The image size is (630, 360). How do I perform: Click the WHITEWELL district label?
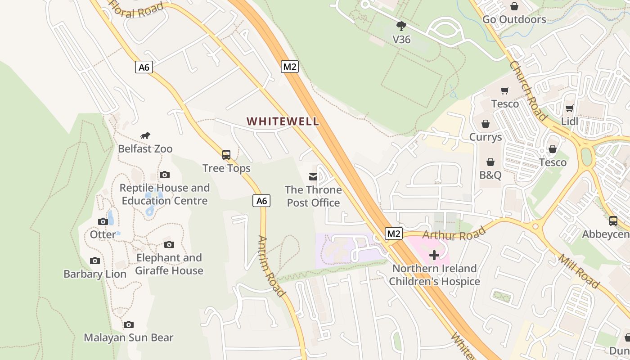coord(283,121)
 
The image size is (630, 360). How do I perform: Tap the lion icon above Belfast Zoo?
coord(145,135)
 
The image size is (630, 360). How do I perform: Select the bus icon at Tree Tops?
coord(226,155)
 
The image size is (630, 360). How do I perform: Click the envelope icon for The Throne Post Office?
coord(313,177)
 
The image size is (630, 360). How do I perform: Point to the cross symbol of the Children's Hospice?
coord(434,256)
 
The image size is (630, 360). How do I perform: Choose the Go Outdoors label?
coord(514,19)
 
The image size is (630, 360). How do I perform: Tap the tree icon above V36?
coord(401,26)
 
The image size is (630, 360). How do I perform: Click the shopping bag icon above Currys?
coord(486,123)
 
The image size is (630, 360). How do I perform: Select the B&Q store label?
coord(490,175)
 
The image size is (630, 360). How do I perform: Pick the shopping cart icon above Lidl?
coord(569,108)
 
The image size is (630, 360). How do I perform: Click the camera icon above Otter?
coord(103,221)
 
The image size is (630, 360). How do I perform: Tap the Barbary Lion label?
coord(95,274)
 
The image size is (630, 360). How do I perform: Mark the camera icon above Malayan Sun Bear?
coord(129,324)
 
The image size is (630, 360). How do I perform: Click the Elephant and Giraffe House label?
coord(169,264)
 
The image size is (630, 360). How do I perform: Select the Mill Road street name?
coord(579,271)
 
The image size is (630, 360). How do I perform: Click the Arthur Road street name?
coord(454,234)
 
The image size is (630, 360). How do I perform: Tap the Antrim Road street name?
coord(271,266)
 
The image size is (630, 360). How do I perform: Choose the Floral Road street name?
coord(135,9)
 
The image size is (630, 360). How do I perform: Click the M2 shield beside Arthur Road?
coord(394,234)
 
